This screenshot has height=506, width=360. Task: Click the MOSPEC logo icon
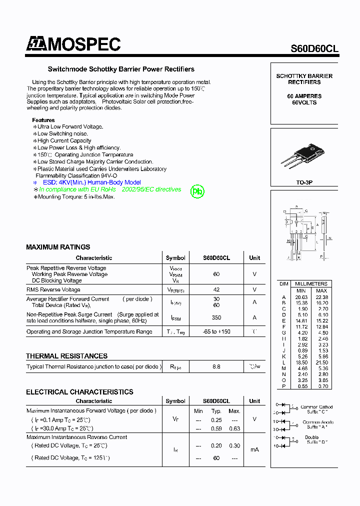pos(35,44)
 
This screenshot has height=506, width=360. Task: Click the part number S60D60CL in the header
pos(314,48)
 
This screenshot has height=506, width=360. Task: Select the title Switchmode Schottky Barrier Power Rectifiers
pos(121,69)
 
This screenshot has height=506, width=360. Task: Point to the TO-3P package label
pos(304,183)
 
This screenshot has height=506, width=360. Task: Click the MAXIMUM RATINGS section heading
pos(58,247)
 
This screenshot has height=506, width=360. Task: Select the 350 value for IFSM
pos(216,317)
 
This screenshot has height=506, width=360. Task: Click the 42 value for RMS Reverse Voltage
pos(216,289)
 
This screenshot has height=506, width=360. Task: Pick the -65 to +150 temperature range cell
pos(216,331)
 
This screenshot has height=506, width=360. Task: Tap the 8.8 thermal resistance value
pos(216,366)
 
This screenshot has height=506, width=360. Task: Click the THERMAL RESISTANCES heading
pos(66,356)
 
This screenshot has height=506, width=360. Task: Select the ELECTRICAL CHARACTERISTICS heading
pos(79,392)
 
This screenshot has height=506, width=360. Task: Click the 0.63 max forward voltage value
pos(234,428)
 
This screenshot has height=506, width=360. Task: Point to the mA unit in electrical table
pos(254,449)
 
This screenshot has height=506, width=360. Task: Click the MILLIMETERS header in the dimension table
pos(311,283)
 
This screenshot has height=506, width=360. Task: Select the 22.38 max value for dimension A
pos(321,297)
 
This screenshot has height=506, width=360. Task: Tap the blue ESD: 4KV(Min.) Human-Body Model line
pos(91,182)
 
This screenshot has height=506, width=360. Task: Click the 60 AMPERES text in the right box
pos(304,96)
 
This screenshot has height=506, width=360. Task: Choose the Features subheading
pos(43,120)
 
